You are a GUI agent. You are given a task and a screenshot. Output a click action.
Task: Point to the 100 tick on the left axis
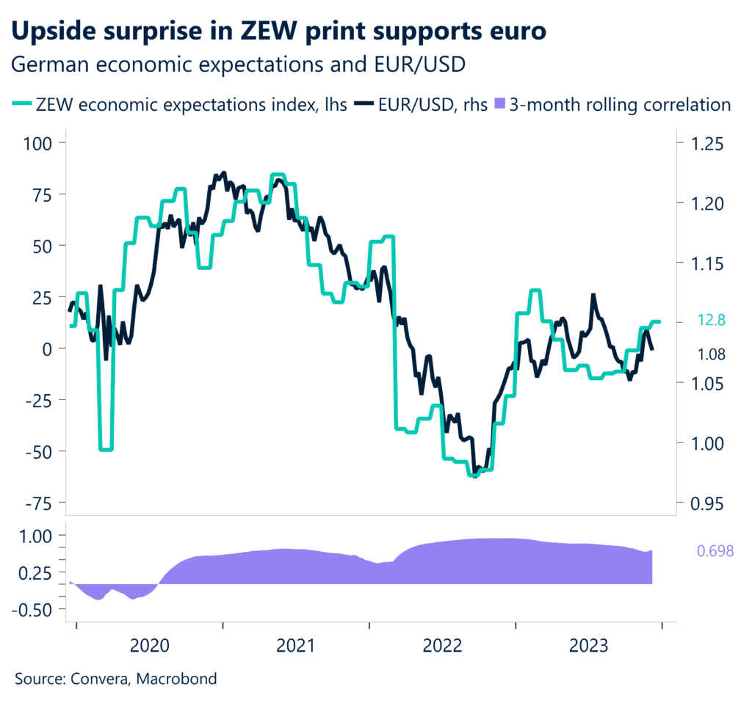(x=40, y=142)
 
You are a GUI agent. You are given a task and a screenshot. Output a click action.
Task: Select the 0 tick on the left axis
(x=48, y=349)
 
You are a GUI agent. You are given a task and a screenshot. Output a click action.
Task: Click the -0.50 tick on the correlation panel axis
(x=35, y=609)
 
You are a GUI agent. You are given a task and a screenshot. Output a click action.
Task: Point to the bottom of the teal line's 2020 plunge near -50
(x=106, y=449)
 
